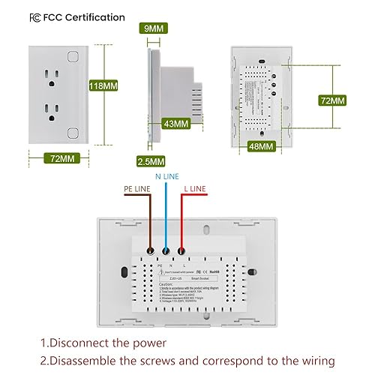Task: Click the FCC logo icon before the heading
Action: point(14,16)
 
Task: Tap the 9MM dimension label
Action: point(154,28)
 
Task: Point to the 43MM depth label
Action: point(175,123)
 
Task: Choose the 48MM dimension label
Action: point(262,146)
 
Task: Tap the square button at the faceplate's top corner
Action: point(72,55)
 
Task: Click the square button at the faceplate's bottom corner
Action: point(72,133)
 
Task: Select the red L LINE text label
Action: point(197,189)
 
